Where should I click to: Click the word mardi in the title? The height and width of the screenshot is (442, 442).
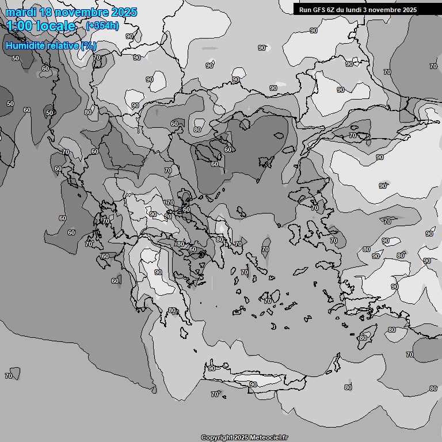20,12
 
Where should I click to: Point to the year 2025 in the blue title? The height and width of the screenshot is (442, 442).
124,12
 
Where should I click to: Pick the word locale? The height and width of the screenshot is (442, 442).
57,26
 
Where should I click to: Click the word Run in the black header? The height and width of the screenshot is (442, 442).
305,10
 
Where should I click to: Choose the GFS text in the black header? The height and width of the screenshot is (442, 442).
319,10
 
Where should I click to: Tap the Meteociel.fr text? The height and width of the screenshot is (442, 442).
269,437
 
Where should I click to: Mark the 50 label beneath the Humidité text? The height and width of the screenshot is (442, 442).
15,58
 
